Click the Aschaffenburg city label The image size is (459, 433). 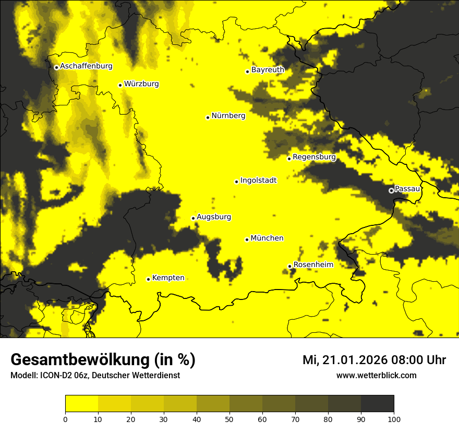coord(86,66)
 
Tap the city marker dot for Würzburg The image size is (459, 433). coord(120,85)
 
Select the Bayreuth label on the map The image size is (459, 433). coord(268,70)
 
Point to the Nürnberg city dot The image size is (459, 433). coord(208,117)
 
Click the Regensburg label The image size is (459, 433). coord(314,157)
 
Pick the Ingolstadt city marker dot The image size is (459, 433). coord(236,182)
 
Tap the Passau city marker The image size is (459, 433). coord(391,190)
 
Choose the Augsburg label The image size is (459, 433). coord(214,217)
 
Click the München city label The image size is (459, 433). coord(267,238)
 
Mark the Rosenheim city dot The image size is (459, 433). coord(289,266)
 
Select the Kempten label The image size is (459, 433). coord(168,278)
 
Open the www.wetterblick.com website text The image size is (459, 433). coord(376,375)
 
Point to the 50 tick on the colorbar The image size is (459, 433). coord(229,418)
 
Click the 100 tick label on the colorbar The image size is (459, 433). coord(394,418)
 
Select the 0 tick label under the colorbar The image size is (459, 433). coord(65,418)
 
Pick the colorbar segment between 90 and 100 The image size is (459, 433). coord(377,404)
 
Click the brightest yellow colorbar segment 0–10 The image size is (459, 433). coord(81,404)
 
